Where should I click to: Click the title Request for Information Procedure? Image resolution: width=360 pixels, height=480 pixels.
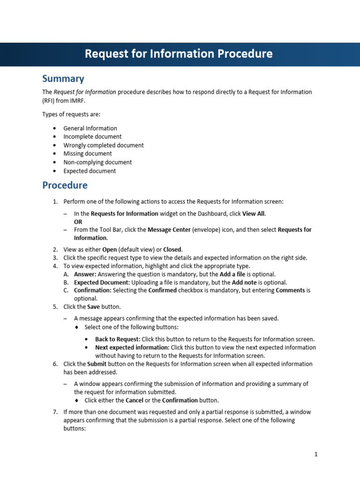point(178,54)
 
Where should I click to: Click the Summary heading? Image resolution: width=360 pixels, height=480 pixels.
point(63,78)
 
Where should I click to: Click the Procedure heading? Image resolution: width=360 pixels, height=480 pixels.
point(65,185)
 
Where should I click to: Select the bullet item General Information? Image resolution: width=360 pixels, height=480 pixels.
point(90,128)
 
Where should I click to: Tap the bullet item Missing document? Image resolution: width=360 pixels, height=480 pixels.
point(88,154)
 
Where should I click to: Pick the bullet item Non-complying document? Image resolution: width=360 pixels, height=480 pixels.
point(97,162)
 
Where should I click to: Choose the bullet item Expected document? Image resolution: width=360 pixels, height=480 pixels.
point(90,171)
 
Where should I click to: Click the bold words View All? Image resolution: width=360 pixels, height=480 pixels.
point(253,214)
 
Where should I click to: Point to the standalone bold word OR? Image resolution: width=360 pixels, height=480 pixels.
point(78,222)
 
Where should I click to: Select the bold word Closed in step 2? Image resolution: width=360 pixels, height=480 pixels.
point(172,249)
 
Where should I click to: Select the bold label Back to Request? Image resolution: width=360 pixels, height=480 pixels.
point(118,339)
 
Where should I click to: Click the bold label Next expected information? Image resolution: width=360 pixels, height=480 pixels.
point(132,348)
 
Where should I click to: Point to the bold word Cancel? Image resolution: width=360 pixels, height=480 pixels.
point(135,401)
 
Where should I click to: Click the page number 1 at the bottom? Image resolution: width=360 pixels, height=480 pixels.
point(316,454)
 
